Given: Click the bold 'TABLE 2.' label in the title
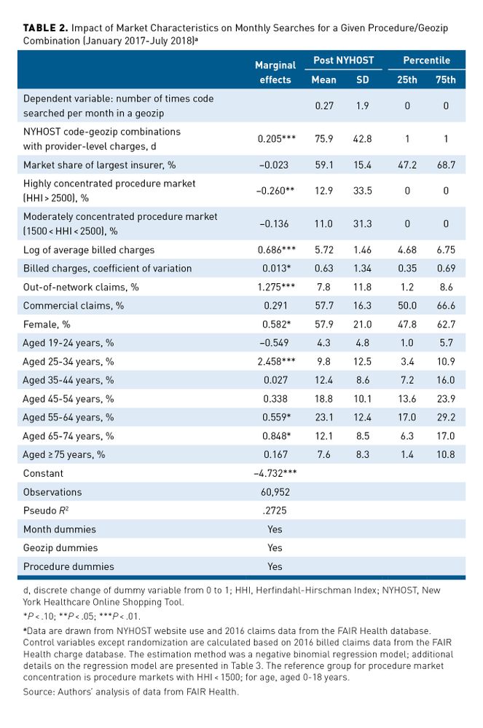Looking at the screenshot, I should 46,28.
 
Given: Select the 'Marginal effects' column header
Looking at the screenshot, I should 275,72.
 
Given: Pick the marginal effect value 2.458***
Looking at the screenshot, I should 275,361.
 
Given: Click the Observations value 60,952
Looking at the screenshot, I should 275,492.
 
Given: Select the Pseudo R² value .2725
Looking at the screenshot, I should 275,510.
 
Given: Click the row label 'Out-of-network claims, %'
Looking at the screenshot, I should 81,287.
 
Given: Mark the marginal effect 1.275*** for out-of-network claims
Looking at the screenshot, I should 275,287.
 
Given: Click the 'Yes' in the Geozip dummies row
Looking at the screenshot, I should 275,547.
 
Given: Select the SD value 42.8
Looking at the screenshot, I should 362,138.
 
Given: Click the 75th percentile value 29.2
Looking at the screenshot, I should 447,417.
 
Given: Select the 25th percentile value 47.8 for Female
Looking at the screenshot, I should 407,324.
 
